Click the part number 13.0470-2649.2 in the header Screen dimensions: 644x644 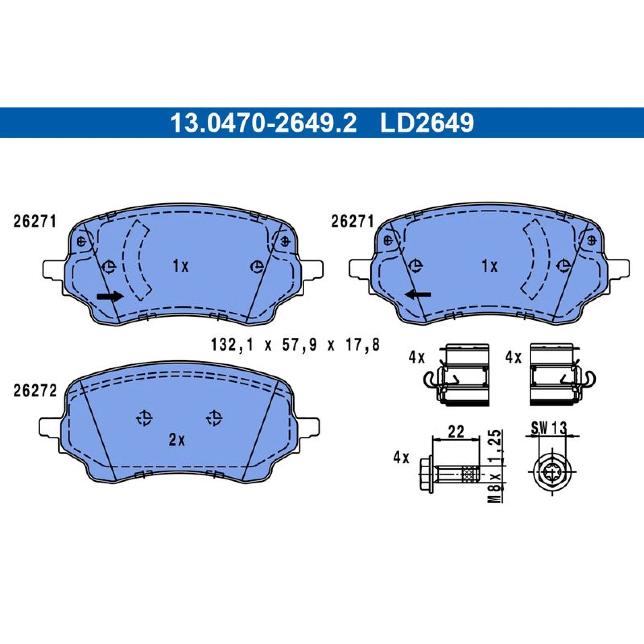pyautogui.click(x=263, y=123)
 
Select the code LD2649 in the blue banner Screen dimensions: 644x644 pyautogui.click(x=427, y=123)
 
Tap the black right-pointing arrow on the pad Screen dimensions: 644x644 pyautogui.click(x=110, y=297)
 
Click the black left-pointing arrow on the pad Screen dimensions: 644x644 pyautogui.click(x=418, y=295)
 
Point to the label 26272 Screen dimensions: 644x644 pyautogui.click(x=35, y=391)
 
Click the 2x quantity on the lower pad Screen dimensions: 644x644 pyautogui.click(x=177, y=440)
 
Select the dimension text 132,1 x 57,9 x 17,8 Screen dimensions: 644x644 pyautogui.click(x=295, y=345)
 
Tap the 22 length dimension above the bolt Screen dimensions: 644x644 pyautogui.click(x=456, y=431)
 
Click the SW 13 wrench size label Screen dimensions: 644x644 pyautogui.click(x=549, y=428)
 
